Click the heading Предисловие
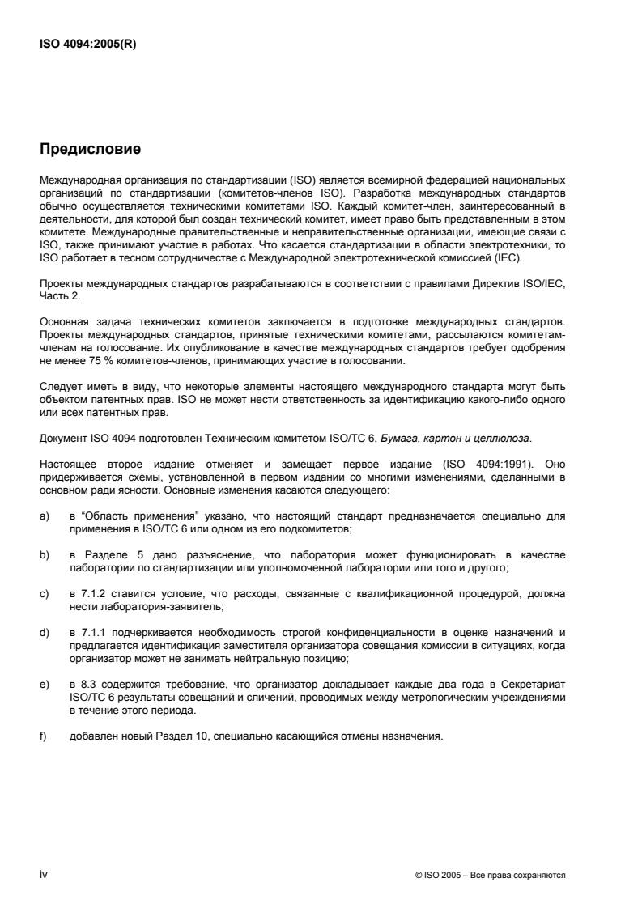pyautogui.click(x=91, y=149)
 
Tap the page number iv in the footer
pyautogui.click(x=44, y=875)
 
